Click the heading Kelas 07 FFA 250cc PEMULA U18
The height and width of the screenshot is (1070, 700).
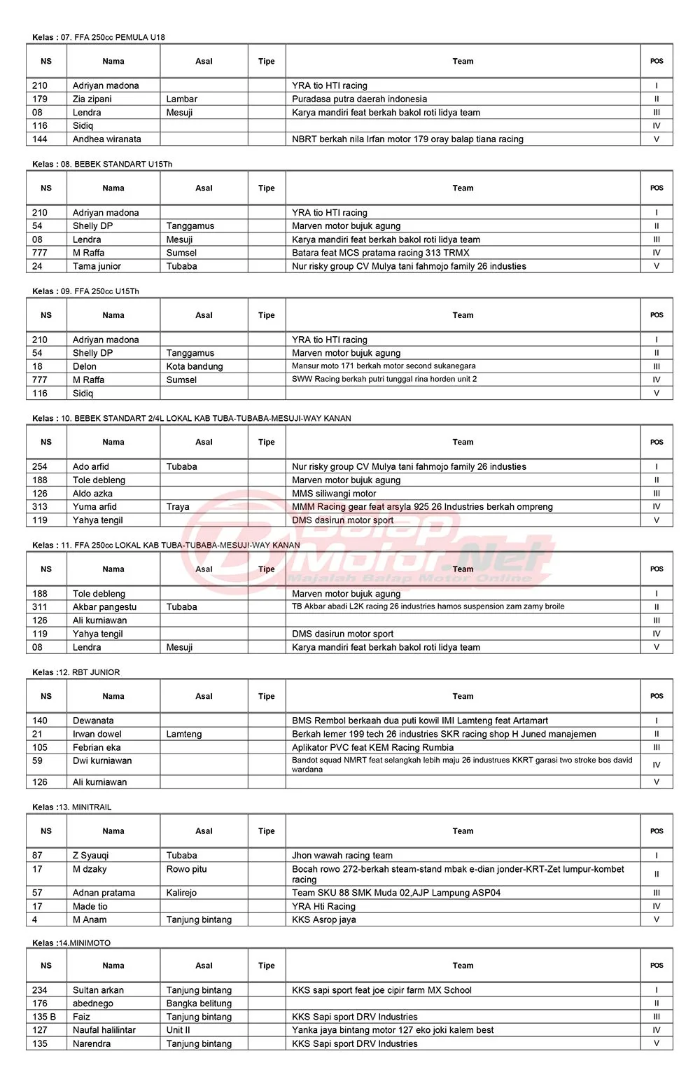click(99, 37)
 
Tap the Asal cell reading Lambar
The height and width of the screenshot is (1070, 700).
click(182, 99)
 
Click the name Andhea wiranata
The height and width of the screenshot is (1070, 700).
click(107, 139)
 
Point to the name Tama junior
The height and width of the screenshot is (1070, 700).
click(97, 266)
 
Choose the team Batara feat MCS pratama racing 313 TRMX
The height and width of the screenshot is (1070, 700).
click(380, 253)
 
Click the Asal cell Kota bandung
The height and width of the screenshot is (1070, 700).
click(195, 366)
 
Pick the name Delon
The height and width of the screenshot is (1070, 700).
click(85, 366)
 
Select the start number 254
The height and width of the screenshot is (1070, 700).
click(40, 466)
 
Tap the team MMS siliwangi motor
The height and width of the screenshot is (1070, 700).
click(334, 494)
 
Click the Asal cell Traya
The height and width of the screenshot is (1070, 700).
click(178, 506)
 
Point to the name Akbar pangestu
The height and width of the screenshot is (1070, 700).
click(105, 607)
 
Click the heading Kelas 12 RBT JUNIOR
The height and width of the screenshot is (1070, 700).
click(76, 672)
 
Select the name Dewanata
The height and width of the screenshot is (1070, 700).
click(93, 721)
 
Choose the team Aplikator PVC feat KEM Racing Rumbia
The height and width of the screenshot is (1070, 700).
click(372, 747)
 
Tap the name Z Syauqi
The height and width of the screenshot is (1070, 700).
click(91, 856)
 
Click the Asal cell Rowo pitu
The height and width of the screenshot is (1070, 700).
click(187, 869)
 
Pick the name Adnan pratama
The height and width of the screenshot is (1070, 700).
click(104, 893)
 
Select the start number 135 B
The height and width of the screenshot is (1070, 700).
click(44, 1017)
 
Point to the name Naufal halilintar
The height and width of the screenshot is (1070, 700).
click(104, 1030)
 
